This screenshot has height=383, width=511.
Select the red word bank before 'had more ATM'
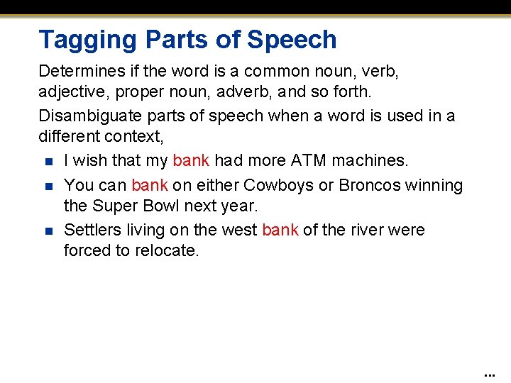(x=191, y=161)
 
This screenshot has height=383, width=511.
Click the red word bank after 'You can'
(x=150, y=186)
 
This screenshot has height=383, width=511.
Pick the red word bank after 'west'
(x=280, y=230)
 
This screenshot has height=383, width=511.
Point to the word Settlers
(x=91, y=230)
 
